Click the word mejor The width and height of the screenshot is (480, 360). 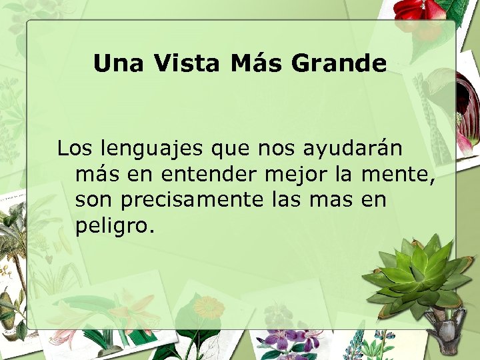coord(292,176)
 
